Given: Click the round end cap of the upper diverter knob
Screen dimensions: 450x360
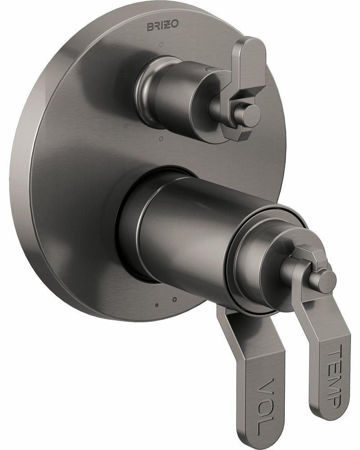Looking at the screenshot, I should [x=248, y=116].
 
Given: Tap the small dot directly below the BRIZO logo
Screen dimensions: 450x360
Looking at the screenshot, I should [x=161, y=45].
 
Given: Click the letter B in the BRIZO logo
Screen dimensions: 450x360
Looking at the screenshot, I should [x=150, y=28].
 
